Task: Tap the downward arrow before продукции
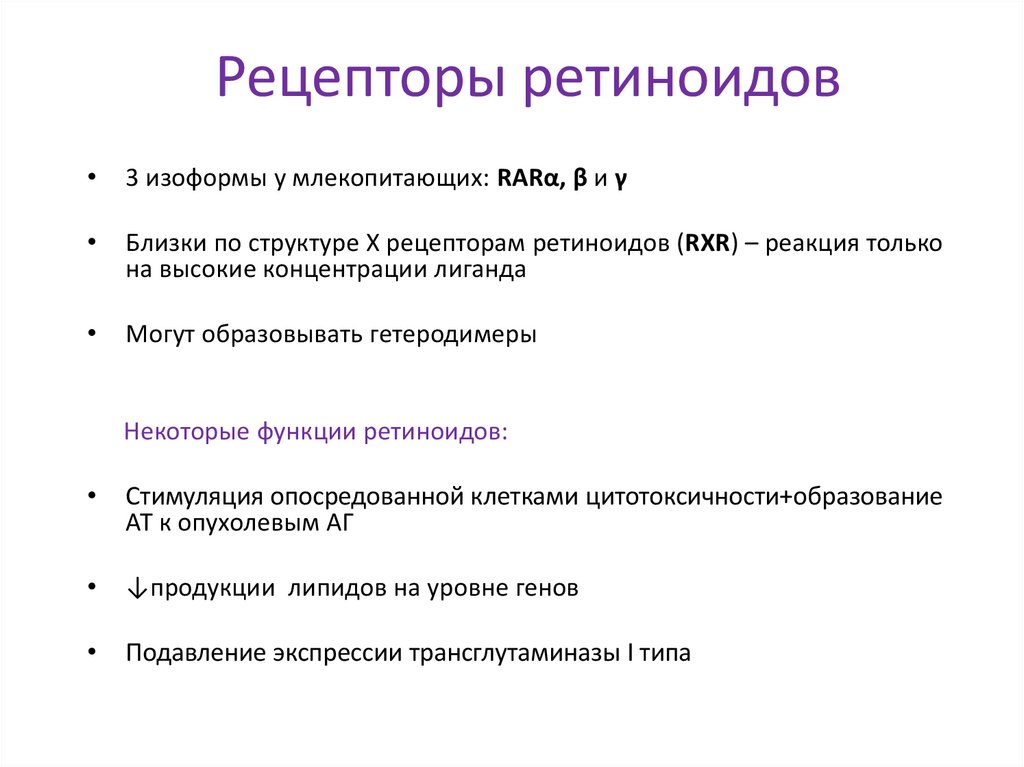pos(133,589)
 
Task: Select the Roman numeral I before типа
pos(630,654)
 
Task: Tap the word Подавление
pos(195,654)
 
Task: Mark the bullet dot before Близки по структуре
pos(92,242)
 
